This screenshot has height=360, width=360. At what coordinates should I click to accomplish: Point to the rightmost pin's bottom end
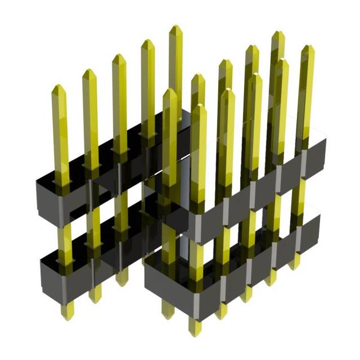point(295,267)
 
